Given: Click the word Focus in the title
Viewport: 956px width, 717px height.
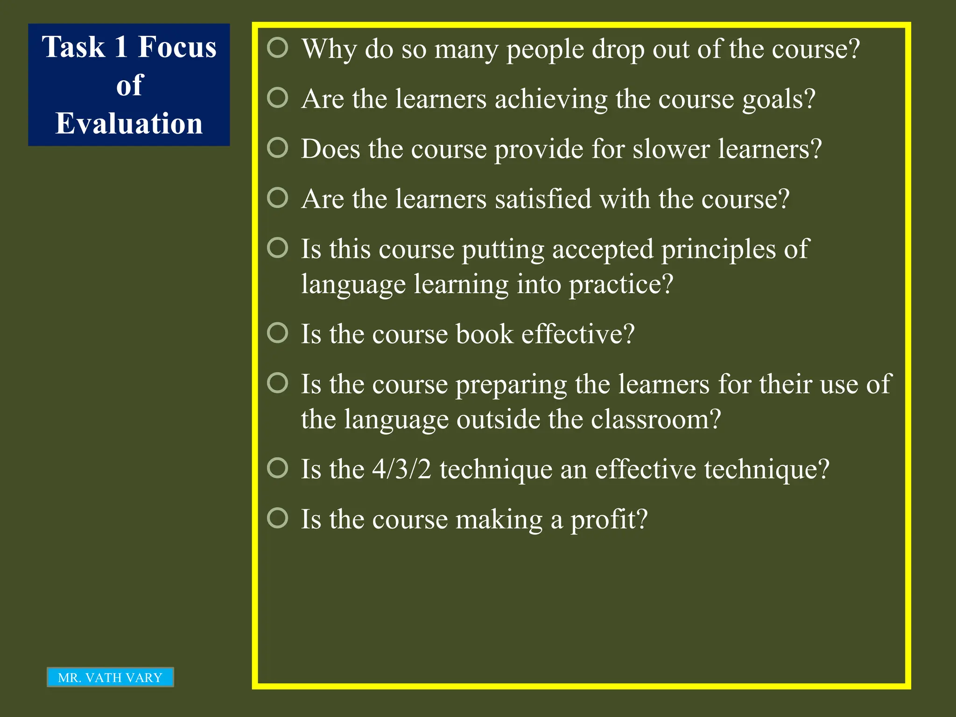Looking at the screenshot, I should click(177, 47).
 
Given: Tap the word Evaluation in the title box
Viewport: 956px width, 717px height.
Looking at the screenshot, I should click(129, 124).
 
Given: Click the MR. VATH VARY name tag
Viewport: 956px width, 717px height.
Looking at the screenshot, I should click(110, 677).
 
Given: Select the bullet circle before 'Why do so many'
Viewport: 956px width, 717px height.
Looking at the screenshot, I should click(278, 48).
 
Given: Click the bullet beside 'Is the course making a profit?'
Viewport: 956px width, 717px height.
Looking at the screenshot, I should click(278, 518).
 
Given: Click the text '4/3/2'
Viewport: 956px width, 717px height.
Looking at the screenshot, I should click(401, 470).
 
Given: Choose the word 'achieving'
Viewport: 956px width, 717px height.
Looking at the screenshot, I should click(551, 99).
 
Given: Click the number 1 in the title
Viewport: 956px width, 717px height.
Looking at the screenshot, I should click(121, 47).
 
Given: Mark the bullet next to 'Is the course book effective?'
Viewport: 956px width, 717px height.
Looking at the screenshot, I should click(278, 333).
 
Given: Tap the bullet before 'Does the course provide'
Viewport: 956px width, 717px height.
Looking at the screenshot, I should click(278, 148).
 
